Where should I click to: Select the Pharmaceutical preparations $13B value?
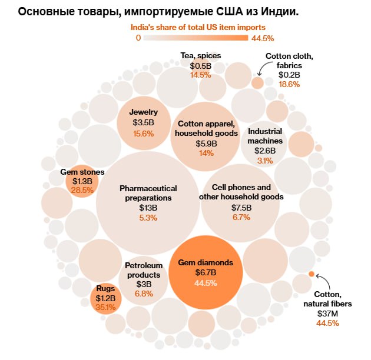pyautogui.click(x=148, y=208)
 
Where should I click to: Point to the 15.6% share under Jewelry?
pyautogui.click(x=143, y=134)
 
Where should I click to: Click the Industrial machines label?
pyautogui.click(x=264, y=136)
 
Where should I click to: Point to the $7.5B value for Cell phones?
pyautogui.click(x=241, y=208)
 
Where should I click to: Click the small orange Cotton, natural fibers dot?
pyautogui.click(x=311, y=274)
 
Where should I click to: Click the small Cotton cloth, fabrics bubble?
pyautogui.click(x=257, y=83)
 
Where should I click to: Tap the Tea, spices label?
pyautogui.click(x=200, y=56)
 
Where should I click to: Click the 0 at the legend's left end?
pyautogui.click(x=138, y=38)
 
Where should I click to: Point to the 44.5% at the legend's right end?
pyautogui.click(x=263, y=38)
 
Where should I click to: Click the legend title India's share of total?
pyautogui.click(x=197, y=27)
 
